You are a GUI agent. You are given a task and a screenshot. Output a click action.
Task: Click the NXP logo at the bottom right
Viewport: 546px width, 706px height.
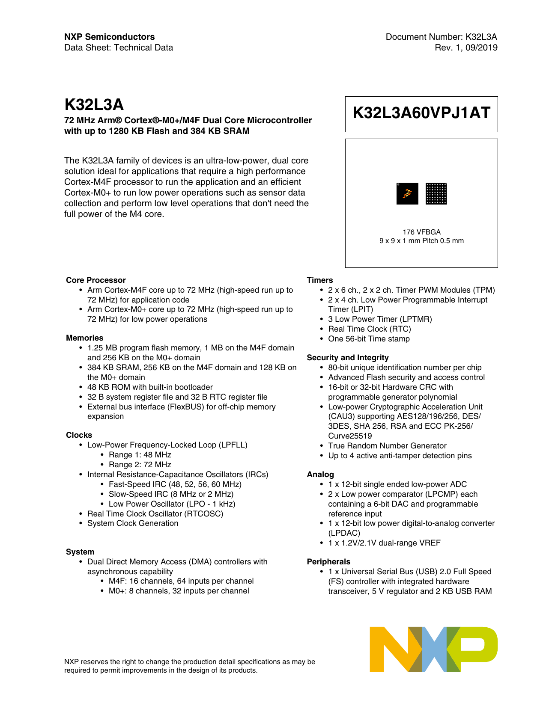(433, 649)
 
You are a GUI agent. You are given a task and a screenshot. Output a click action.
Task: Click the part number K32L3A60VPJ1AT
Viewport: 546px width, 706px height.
(421, 113)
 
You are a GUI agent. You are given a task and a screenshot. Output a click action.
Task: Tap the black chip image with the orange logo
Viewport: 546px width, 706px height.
(407, 193)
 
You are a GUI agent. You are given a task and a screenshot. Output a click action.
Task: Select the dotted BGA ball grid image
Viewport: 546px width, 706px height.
(436, 193)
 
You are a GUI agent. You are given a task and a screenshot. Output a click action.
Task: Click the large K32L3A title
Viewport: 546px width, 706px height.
(94, 105)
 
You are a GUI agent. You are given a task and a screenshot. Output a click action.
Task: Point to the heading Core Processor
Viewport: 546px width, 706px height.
(96, 280)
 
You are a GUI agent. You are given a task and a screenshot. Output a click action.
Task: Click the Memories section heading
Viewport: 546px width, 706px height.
(85, 338)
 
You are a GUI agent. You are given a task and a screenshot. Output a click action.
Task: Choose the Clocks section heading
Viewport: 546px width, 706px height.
(79, 435)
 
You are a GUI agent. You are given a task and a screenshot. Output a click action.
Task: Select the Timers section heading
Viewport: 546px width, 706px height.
(320, 280)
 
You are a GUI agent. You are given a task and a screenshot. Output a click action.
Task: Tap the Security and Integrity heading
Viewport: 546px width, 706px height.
(348, 358)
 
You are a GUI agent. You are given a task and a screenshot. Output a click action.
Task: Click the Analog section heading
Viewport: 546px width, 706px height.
(320, 475)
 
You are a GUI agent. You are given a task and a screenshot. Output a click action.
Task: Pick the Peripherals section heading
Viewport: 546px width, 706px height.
(328, 562)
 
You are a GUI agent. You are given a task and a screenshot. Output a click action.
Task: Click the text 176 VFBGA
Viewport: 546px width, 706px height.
(421, 232)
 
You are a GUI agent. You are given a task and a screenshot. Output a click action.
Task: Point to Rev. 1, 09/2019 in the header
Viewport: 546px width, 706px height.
(466, 47)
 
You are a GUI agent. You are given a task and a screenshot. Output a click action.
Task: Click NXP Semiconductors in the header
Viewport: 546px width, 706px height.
(110, 37)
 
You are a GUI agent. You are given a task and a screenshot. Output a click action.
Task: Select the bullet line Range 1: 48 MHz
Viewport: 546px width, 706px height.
(140, 455)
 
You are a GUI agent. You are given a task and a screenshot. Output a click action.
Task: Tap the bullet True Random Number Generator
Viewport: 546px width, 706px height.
(387, 446)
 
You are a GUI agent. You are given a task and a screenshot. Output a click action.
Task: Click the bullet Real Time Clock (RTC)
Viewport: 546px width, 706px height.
(370, 329)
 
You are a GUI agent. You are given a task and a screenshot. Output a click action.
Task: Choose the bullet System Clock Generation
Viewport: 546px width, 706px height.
(133, 523)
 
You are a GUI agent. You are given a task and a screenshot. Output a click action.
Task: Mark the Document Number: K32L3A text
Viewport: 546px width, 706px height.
(441, 37)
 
